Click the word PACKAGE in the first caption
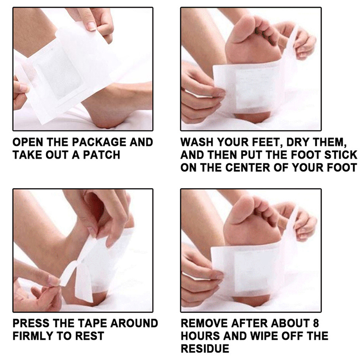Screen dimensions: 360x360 pos(99,142)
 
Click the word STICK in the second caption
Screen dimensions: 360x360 pos(341,155)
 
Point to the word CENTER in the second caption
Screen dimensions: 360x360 pos(248,167)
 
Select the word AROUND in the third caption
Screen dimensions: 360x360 pos(134,323)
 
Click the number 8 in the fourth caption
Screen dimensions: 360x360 pos(316,323)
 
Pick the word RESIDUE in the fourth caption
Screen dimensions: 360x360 pos(205,348)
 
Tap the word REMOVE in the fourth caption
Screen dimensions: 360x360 pos(204,323)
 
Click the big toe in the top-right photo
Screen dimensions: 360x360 pos(241,29)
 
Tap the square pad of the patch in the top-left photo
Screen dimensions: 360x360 pos(58,74)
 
